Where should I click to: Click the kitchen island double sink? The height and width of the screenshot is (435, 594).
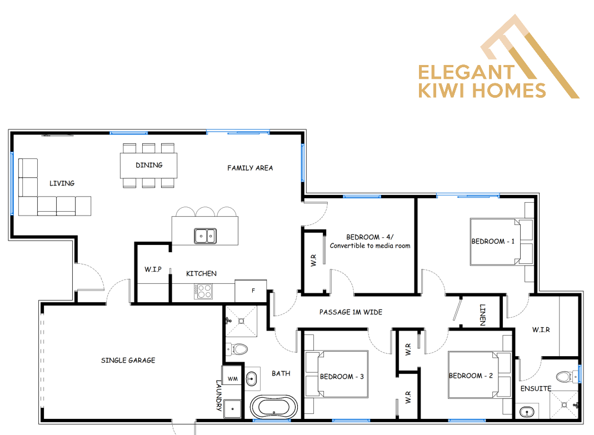[x=205, y=236]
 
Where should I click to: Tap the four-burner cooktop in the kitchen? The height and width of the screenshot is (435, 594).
[x=203, y=292]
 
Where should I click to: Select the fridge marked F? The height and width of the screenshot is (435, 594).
[x=251, y=291]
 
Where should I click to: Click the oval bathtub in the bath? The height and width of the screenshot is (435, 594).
[x=273, y=408]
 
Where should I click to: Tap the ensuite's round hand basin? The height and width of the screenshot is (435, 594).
[x=527, y=412]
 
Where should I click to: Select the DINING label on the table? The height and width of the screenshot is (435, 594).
[x=149, y=165]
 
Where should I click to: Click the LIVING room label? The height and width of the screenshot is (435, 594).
[x=62, y=183]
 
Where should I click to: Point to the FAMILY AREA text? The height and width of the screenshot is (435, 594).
[x=250, y=168]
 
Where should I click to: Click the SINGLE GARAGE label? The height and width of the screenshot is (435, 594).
[x=128, y=361]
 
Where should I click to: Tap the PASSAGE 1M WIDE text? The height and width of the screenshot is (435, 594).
[x=351, y=312]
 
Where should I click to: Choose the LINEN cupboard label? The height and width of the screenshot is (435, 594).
[x=482, y=315]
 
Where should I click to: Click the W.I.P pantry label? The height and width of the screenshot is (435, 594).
[x=153, y=269]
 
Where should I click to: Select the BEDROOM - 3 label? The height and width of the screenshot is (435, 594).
[x=342, y=377]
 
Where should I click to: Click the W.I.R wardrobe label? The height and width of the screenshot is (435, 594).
[x=541, y=329]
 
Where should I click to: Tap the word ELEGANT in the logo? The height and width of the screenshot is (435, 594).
[x=466, y=72]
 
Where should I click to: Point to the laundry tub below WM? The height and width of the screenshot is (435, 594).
[x=232, y=408]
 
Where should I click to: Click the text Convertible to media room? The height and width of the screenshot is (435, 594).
[x=370, y=246]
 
